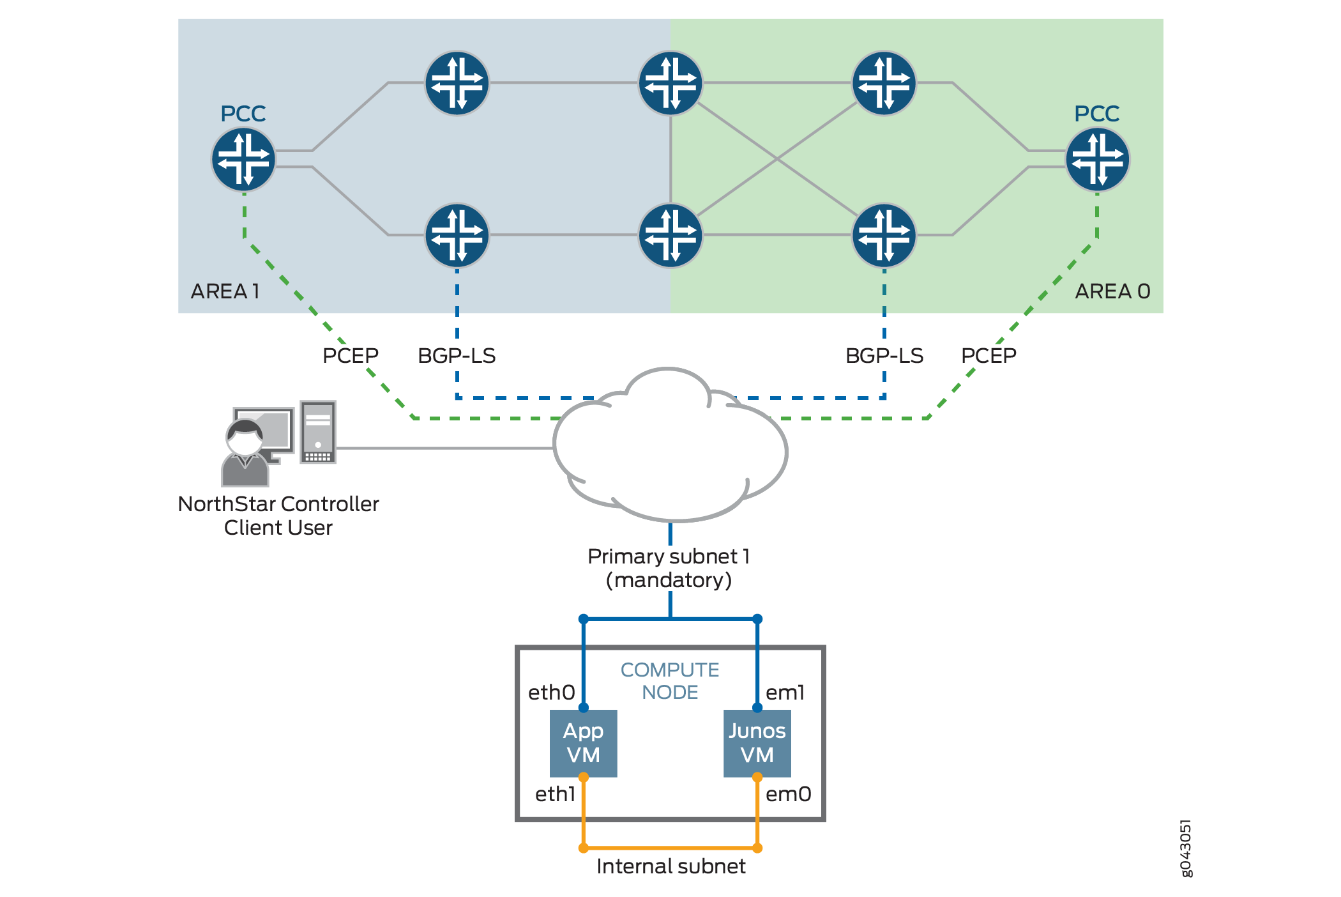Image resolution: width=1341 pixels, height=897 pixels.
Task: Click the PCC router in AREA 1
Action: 243,159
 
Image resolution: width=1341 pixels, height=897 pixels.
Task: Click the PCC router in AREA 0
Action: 1097,159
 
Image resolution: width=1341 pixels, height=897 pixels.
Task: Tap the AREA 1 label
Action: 225,291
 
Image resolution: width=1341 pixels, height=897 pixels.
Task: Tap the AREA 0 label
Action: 1112,291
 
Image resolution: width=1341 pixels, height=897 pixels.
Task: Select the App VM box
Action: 583,743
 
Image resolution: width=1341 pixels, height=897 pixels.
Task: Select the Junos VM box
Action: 757,743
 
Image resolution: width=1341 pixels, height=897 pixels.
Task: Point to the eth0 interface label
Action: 551,693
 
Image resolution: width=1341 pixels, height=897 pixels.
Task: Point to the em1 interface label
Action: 785,693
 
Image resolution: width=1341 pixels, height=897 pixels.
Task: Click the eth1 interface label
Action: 555,794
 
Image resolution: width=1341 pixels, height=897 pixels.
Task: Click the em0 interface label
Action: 788,794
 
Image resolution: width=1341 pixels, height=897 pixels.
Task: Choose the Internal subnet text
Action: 670,866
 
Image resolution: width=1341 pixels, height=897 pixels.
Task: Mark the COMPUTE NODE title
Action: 670,681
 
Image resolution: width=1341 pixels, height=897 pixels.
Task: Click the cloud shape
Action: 670,447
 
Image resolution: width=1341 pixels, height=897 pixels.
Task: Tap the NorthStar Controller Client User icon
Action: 279,443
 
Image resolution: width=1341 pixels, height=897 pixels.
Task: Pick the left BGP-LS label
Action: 457,356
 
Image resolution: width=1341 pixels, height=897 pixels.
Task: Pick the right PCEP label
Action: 989,355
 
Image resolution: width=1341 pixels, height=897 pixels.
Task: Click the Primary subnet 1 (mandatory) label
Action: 669,568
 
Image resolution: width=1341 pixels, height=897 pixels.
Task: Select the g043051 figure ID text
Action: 1185,848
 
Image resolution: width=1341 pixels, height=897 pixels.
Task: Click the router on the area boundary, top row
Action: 670,83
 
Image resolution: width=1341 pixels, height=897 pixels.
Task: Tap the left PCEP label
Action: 350,355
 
